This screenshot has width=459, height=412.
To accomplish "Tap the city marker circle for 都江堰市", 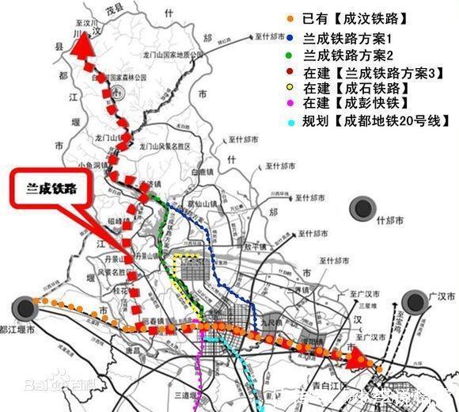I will [x=27, y=306].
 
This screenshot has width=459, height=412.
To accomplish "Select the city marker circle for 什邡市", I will [x=363, y=209].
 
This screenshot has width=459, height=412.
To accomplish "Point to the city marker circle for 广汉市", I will [x=414, y=302].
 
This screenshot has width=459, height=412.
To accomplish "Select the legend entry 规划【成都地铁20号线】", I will [x=367, y=123].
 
